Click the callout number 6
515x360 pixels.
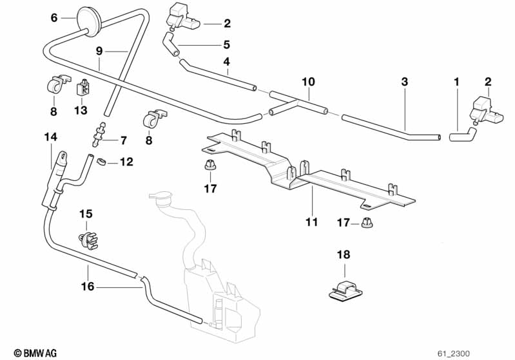(x=54, y=18)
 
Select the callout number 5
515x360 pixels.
(x=226, y=45)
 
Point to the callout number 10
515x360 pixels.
(x=308, y=82)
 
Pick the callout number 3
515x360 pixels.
(x=404, y=82)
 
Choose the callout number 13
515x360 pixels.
(x=80, y=111)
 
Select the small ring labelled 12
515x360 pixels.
(x=102, y=161)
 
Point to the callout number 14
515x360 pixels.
(x=51, y=137)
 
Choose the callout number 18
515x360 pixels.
(x=344, y=255)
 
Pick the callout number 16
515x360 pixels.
(x=87, y=287)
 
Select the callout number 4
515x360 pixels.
(x=226, y=62)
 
